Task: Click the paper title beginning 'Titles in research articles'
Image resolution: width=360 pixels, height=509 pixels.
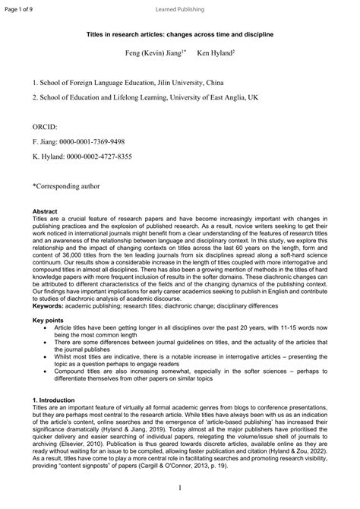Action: click(180, 35)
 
